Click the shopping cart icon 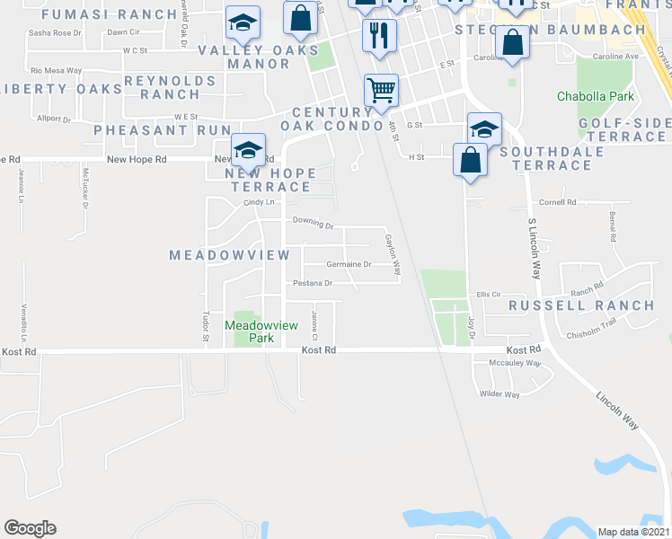pyautogui.click(x=381, y=90)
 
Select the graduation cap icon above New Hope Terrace pyautogui.click(x=247, y=148)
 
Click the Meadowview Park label pyautogui.click(x=249, y=331)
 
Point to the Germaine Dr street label pyautogui.click(x=349, y=265)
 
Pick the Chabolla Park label pyautogui.click(x=596, y=96)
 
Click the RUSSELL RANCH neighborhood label pyautogui.click(x=581, y=305)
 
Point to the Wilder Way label pyautogui.click(x=500, y=394)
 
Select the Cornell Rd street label pyautogui.click(x=557, y=202)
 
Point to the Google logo pyautogui.click(x=30, y=528)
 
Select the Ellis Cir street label pyautogui.click(x=488, y=294)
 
